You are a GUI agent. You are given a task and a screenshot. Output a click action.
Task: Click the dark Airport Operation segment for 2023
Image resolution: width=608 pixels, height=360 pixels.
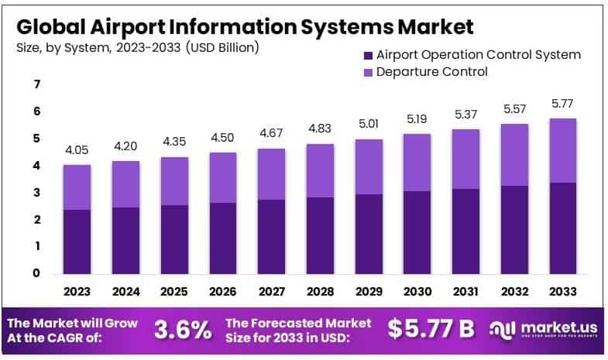[77, 242]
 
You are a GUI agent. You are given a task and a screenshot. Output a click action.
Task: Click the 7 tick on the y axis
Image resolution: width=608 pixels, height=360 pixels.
[36, 84]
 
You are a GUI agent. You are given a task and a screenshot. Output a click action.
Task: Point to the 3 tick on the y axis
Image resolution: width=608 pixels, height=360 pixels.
[36, 192]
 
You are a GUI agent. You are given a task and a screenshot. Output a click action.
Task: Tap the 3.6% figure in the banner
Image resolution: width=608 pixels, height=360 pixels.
[183, 329]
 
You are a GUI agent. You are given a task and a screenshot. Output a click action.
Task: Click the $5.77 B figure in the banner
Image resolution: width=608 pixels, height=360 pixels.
[431, 329]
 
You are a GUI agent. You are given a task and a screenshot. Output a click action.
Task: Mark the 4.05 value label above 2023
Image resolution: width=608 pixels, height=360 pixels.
[77, 150]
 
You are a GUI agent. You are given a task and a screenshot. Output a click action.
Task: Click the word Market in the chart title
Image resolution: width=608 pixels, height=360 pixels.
[436, 27]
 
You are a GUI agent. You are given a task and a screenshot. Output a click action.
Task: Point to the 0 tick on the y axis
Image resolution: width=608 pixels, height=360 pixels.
[36, 273]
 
